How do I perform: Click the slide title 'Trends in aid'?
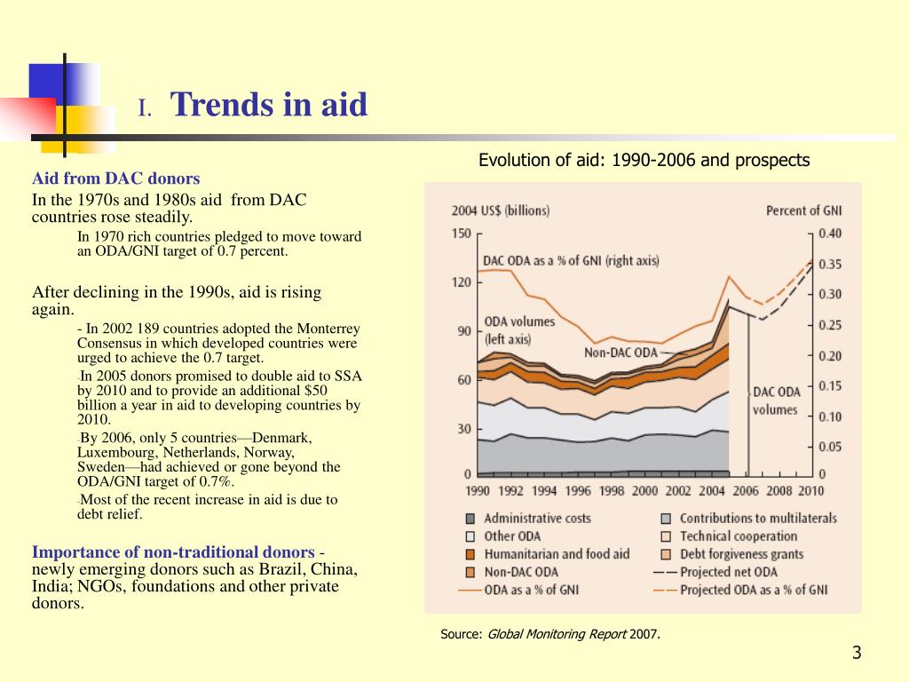point(268,105)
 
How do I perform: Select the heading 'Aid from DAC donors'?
point(116,178)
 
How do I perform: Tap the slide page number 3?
point(857,653)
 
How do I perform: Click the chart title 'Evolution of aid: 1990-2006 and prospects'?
point(644,160)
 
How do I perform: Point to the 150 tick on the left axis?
point(461,234)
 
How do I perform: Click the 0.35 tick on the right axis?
point(830,265)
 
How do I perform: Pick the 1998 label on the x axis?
point(611,491)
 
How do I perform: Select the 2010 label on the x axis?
point(810,491)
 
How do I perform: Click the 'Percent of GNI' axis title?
point(803,210)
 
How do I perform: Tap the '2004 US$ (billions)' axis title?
point(501,210)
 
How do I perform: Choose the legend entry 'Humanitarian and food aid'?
point(557,554)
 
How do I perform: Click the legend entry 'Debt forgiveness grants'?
point(741,554)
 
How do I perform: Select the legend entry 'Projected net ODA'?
point(729,573)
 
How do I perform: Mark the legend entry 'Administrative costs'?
point(537,519)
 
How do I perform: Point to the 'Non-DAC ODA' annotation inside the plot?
point(620,353)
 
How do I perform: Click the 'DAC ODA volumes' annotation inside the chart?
point(776,400)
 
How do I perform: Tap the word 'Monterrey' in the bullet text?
point(328,329)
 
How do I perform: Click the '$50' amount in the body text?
point(315,391)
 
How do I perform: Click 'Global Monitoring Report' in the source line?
point(557,634)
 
